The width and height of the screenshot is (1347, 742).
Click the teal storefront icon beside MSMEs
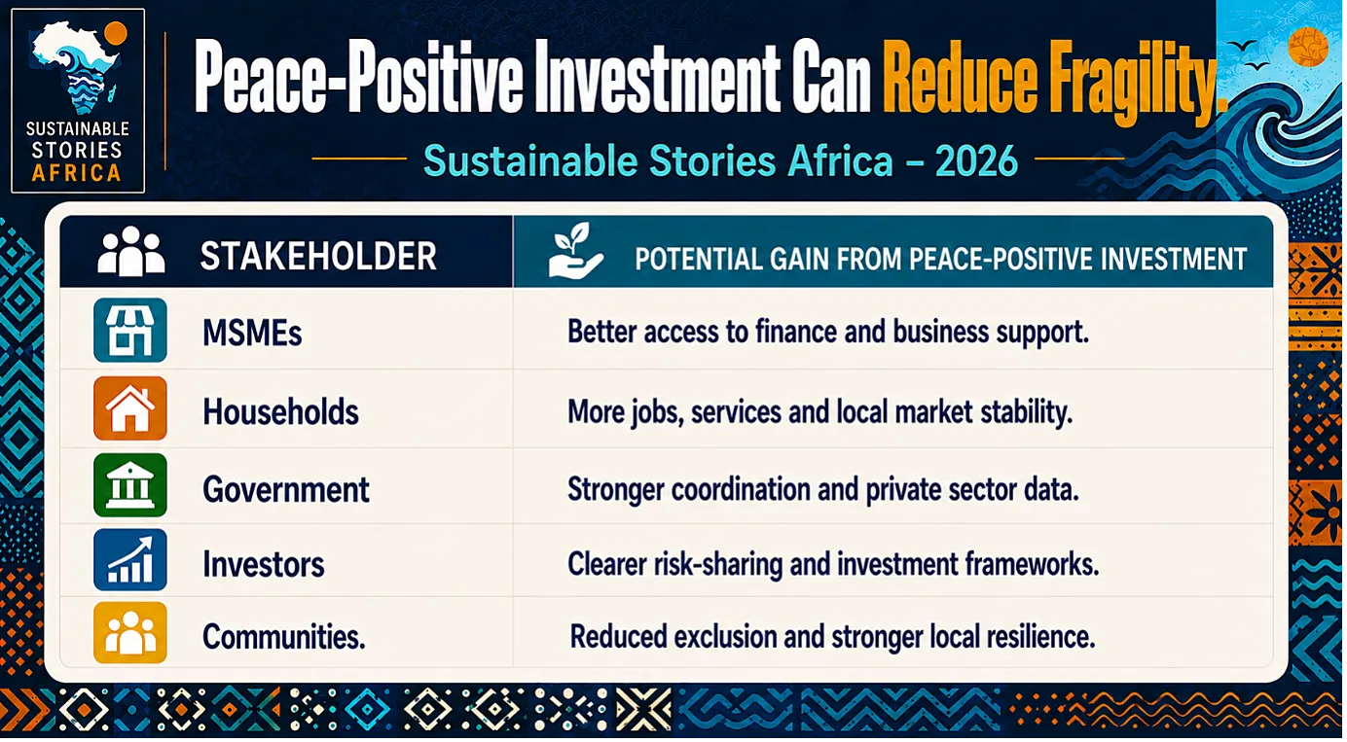[x=129, y=330]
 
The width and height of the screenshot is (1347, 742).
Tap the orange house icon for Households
[x=129, y=407]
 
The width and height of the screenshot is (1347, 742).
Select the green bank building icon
[x=129, y=485]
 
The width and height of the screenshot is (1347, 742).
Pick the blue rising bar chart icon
[x=129, y=560]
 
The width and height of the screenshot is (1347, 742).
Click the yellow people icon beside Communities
[x=129, y=633]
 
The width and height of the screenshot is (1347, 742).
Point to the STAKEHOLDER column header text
[x=318, y=256]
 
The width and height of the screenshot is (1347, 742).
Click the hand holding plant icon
[x=575, y=251]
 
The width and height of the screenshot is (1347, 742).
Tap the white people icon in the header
[x=131, y=251]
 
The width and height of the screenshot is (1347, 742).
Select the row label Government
[x=285, y=489]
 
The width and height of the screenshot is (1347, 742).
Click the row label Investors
[x=264, y=564]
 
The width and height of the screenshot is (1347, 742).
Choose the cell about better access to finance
[x=828, y=332]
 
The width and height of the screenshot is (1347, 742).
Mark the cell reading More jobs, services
[x=820, y=412]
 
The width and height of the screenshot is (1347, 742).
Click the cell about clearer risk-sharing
[x=833, y=564]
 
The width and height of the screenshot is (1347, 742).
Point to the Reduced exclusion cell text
[x=832, y=637]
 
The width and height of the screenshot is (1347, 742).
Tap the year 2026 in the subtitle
[x=976, y=161]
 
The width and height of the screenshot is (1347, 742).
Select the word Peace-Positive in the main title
[x=358, y=77]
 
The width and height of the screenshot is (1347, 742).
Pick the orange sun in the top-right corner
[x=1308, y=47]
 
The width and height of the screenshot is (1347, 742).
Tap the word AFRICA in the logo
[x=76, y=174]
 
